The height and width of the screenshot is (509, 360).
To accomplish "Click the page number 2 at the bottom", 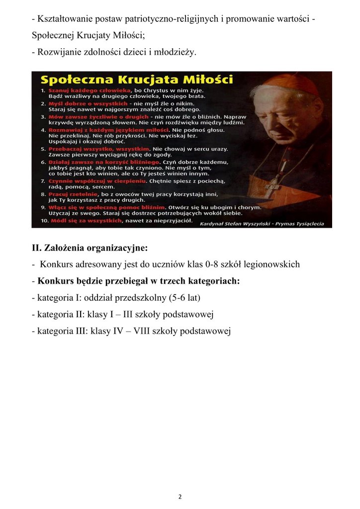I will (180, 496).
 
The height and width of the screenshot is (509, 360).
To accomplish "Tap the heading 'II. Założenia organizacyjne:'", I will (90, 248).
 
